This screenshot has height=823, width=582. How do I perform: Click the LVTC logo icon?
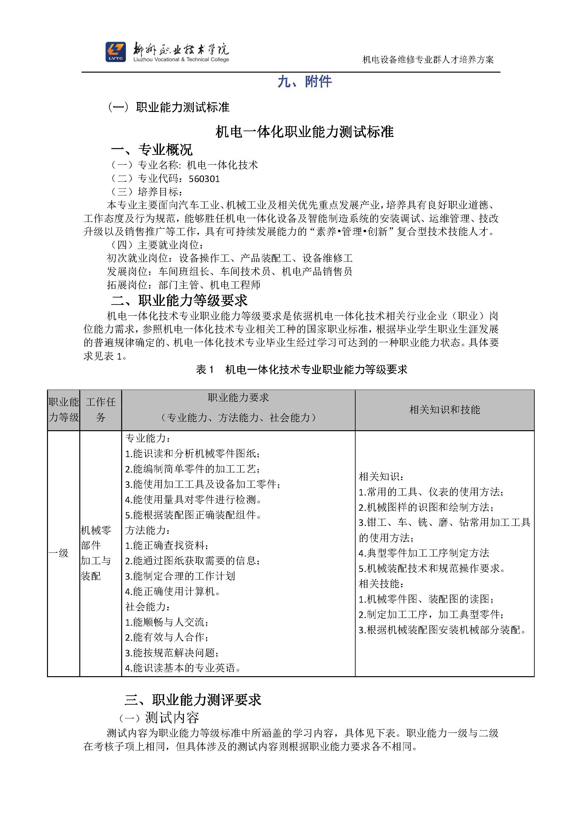pos(115,52)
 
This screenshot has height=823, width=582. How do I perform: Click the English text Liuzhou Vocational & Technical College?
pos(181,60)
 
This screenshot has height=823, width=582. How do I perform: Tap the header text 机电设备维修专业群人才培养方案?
pos(428,59)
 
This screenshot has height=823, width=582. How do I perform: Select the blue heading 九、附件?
pos(305,82)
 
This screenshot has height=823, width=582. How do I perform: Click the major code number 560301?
pos(204,178)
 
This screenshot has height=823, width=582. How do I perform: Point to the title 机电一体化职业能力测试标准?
pos(305,132)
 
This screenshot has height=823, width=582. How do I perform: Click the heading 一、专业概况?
pos(152,149)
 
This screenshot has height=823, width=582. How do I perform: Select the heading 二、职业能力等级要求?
pos(179,300)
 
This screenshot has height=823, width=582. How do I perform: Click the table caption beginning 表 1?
pos(301,369)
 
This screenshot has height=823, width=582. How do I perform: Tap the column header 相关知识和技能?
pos(444,410)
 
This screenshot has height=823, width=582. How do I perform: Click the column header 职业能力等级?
pos(64,410)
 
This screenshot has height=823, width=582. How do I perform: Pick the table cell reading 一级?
pos(59,553)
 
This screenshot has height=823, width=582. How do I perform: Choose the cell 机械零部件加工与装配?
pos(96,553)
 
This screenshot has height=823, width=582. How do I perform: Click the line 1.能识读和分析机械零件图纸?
pos(193,454)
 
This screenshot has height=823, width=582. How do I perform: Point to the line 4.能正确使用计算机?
pos(173,592)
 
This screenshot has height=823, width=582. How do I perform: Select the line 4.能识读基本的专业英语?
pos(183,668)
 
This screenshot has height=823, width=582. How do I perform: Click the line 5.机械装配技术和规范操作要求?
pos(431,568)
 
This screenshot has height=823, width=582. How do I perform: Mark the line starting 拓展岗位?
pos(184,285)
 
